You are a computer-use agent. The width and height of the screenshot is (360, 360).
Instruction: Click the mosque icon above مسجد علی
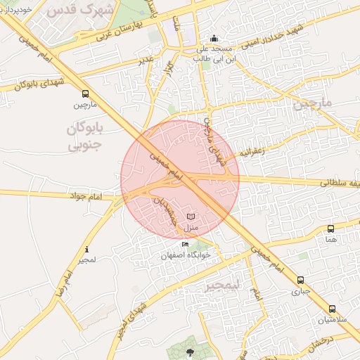[x=214, y=39]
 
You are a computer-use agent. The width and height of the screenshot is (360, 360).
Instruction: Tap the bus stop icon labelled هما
[x=330, y=229]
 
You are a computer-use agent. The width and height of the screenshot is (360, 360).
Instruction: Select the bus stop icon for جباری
[x=301, y=280]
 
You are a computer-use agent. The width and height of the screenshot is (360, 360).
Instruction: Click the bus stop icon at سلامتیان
[x=332, y=309]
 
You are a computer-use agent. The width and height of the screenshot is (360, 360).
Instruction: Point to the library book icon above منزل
[x=191, y=217]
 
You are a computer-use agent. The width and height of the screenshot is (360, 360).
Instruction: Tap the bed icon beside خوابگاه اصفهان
[x=185, y=244]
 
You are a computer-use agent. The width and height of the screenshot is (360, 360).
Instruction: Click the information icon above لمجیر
[x=86, y=250]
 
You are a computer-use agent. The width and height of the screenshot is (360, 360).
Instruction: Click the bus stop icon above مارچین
[x=85, y=94]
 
